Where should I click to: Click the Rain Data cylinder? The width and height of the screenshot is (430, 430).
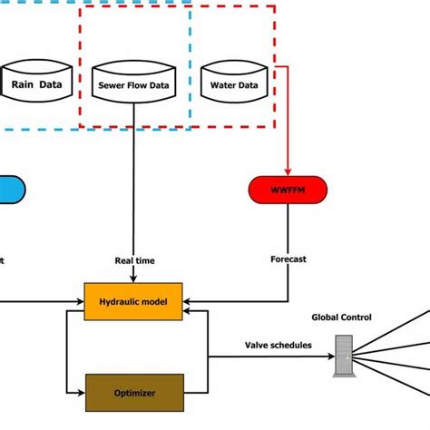(37, 82)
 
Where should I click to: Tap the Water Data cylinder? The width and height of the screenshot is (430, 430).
(234, 82)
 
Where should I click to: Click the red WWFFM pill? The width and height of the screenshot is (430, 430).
(288, 190)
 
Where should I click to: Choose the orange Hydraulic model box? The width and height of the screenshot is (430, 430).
(133, 301)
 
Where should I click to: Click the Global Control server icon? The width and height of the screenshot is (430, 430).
(344, 356)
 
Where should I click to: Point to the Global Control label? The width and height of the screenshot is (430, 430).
(342, 318)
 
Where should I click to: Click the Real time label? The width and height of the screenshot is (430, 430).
(134, 260)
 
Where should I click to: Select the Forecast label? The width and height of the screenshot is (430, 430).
(288, 259)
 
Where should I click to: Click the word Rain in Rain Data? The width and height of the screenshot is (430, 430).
(23, 86)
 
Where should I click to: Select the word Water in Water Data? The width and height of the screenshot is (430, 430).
(223, 86)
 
